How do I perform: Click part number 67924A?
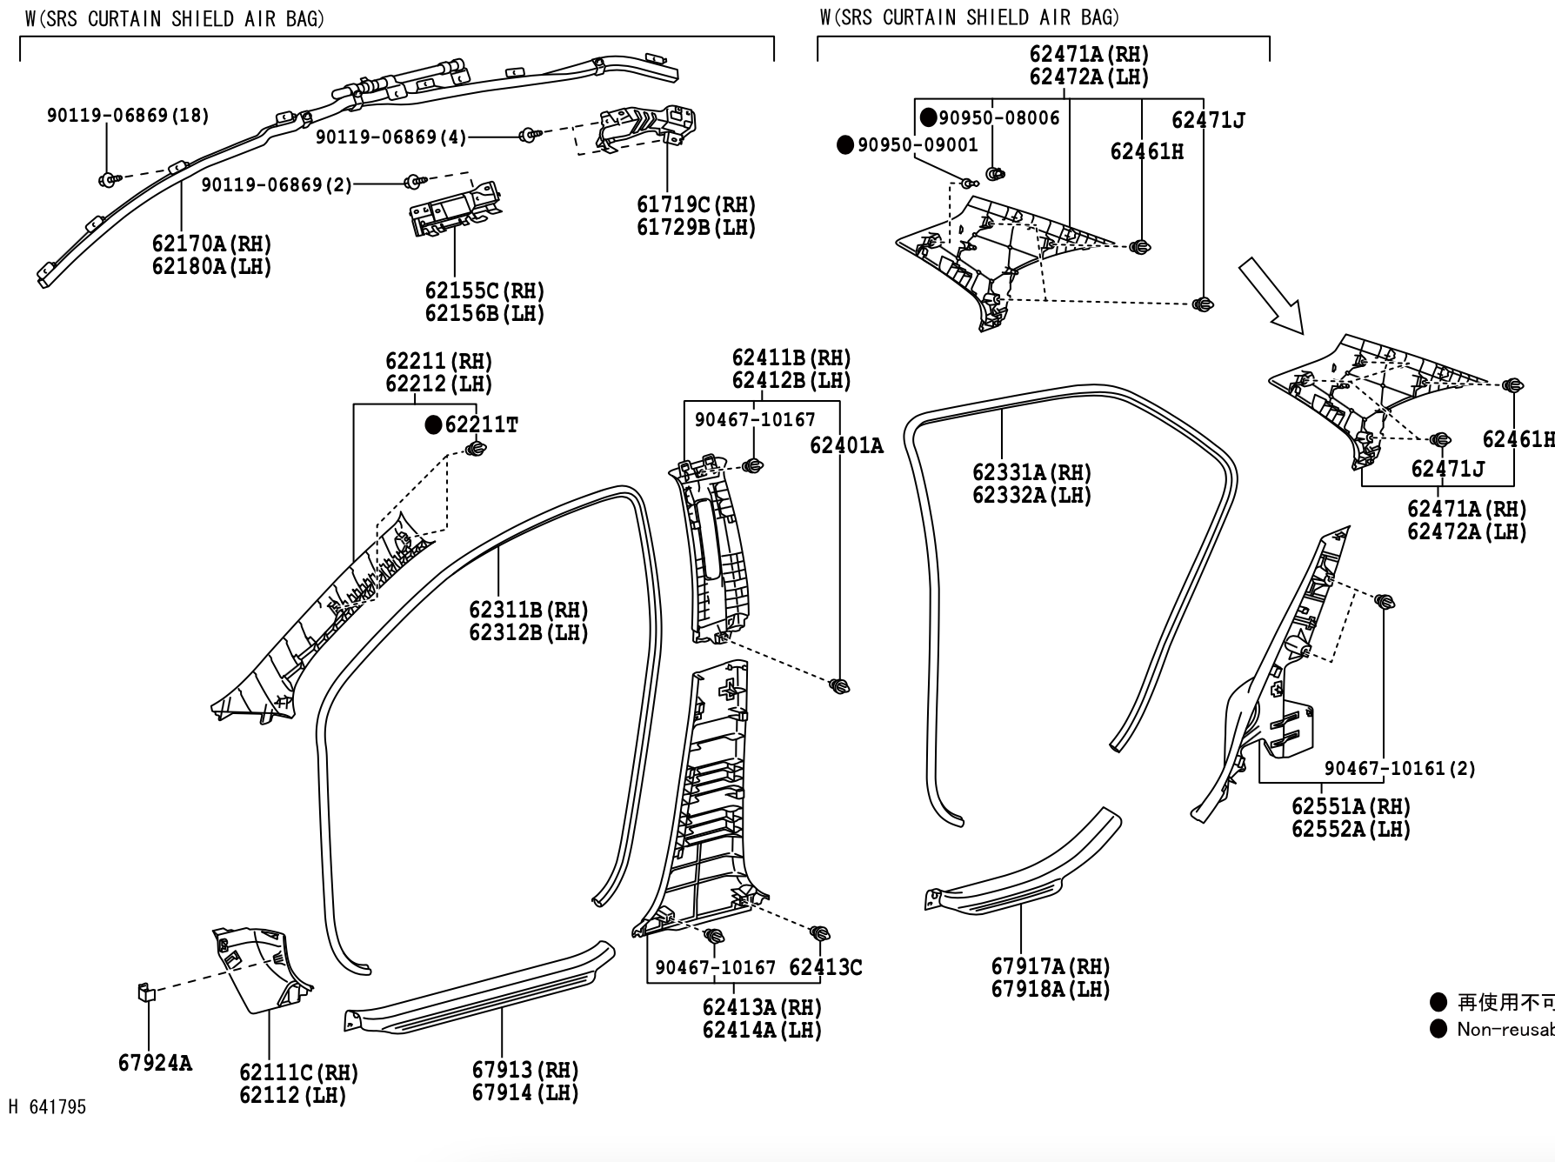coord(155,1063)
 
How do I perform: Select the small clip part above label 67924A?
coord(145,992)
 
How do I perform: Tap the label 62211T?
coord(481,424)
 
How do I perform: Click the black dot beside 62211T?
coord(433,424)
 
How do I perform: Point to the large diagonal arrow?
coord(1271,296)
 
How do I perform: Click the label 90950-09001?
coord(918,145)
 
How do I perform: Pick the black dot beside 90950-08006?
coord(929,117)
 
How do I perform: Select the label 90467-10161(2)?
coord(1399,768)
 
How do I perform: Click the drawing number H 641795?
coord(48,1106)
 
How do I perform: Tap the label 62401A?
coord(845,445)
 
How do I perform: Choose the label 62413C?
coord(824,967)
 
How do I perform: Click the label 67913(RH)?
coord(525,1070)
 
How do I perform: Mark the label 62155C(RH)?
coord(484,290)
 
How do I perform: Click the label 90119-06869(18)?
coord(128,115)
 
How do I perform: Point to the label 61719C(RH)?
coord(696,204)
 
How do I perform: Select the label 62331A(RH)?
coord(1031,472)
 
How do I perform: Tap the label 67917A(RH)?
coord(1051,966)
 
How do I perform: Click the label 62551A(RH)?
coord(1351,806)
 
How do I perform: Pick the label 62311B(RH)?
coord(528,610)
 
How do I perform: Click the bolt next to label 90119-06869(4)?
coord(528,135)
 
